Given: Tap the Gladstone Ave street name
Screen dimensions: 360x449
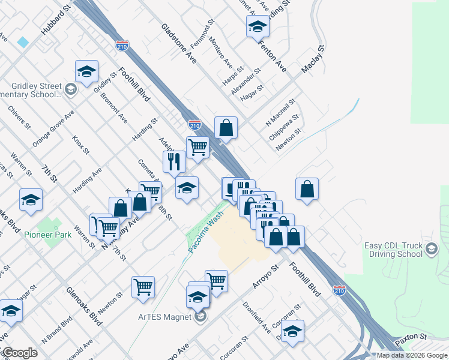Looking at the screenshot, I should [x=179, y=43].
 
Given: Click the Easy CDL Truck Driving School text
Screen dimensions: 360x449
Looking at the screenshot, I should [x=394, y=250].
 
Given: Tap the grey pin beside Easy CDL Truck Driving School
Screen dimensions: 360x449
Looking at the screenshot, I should [x=431, y=250].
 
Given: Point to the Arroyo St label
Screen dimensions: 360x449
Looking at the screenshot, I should [x=266, y=276].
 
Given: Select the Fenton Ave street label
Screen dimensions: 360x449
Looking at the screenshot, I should [x=272, y=55].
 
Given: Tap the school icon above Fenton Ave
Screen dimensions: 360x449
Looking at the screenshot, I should [x=258, y=27].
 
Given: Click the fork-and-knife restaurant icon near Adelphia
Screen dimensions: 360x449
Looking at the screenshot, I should [x=174, y=161].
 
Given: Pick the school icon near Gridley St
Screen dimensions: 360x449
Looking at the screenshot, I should [x=86, y=71].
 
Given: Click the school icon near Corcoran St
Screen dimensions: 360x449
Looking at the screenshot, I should [x=292, y=331].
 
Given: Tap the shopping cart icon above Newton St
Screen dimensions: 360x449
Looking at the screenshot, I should [x=143, y=287].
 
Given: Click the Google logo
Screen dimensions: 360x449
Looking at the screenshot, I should [x=19, y=353].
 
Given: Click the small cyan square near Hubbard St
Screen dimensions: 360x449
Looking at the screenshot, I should [x=23, y=42].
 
